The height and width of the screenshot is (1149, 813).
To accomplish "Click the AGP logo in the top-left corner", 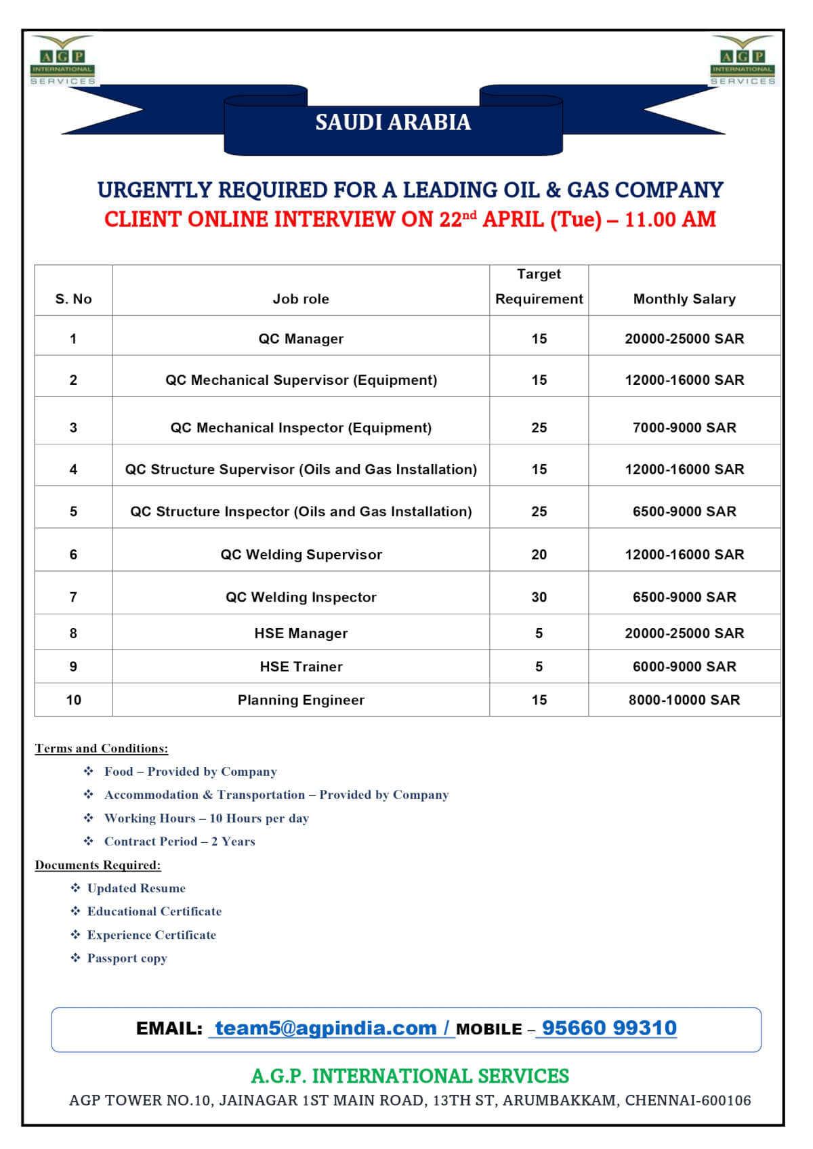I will (x=63, y=62).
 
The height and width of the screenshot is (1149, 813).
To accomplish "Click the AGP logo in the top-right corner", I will (x=743, y=62).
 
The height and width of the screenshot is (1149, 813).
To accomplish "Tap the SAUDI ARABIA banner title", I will (x=393, y=122).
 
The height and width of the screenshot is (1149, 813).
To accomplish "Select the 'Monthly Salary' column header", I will (x=684, y=299).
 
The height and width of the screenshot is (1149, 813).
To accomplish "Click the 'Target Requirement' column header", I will (x=539, y=287).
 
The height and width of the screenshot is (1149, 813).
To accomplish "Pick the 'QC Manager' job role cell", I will (x=301, y=339).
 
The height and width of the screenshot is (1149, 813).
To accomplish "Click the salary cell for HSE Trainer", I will (x=684, y=667).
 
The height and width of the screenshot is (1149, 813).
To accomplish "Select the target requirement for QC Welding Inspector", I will (x=539, y=597).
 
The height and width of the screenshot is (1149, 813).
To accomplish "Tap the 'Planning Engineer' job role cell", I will (x=301, y=700).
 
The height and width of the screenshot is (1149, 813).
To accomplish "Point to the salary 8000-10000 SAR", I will (x=684, y=700).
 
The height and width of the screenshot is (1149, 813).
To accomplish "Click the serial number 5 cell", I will (x=73, y=511).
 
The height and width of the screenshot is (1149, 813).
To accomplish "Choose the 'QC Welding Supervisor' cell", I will (x=301, y=554).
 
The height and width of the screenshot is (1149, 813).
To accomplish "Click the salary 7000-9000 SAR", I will (x=684, y=427).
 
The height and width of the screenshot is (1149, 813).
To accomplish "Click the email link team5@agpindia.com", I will (x=326, y=1028).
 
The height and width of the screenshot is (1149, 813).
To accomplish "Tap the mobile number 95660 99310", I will (x=609, y=1028).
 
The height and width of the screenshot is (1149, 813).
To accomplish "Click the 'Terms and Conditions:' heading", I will (x=102, y=749).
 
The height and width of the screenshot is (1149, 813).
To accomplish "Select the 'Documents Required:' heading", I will (x=98, y=865).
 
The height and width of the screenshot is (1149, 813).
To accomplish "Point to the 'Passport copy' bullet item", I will (x=127, y=958).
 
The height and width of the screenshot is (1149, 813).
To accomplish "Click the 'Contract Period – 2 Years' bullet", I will (x=180, y=841).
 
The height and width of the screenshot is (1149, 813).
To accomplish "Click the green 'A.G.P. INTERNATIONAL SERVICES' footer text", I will (x=410, y=1076).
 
